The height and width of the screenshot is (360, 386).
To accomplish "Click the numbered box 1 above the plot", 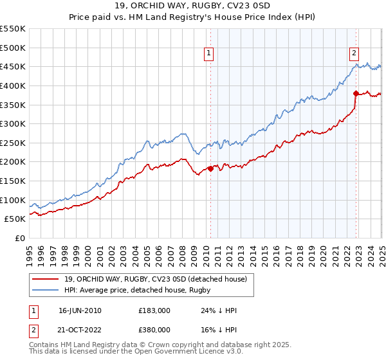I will point(210,54).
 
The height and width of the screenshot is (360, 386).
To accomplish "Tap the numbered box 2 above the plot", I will point(354,54).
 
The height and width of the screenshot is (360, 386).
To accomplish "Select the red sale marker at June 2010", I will point(210,168).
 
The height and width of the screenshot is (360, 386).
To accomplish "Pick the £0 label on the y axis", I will point(20,238).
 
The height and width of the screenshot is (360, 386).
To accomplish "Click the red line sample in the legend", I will point(46,278).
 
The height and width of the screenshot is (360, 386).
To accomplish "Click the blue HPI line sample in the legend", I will point(46,290).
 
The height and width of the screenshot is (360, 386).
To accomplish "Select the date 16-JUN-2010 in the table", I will point(80,310).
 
